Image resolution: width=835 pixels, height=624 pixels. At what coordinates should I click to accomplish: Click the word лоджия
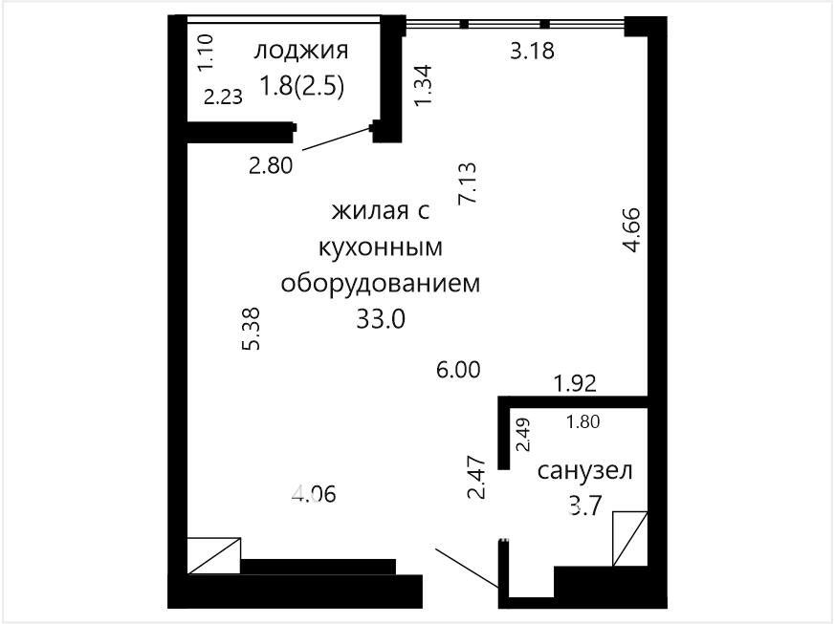[301, 51]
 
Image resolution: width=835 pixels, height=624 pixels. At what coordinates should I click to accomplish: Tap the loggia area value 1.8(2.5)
[301, 85]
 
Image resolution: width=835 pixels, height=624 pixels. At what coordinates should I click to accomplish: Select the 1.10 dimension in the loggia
[205, 53]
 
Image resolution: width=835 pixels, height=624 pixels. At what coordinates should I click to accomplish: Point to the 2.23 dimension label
[224, 97]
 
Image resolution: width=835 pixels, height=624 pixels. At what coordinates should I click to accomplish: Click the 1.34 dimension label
[424, 85]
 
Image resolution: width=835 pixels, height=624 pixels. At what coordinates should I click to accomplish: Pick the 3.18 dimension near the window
[532, 51]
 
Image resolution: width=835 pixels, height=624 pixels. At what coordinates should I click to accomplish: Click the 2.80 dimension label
[271, 165]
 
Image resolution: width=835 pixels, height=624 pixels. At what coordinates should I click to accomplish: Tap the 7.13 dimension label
[468, 183]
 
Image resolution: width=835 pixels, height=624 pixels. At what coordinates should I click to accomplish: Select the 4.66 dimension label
[632, 229]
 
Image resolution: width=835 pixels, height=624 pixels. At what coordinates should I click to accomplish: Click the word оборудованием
[381, 283]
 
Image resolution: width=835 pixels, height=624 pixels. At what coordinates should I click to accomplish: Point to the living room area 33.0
[381, 319]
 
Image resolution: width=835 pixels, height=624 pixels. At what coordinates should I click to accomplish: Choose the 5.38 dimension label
[251, 329]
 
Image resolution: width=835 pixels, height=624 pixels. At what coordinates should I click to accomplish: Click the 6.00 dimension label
[458, 369]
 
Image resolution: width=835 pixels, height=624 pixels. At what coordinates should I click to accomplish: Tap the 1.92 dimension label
[575, 383]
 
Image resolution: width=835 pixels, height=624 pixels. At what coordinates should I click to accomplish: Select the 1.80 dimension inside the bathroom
[583, 421]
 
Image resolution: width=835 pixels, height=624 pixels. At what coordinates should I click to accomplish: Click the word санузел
[584, 471]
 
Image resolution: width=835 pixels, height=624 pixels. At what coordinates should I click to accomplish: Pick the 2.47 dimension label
[476, 477]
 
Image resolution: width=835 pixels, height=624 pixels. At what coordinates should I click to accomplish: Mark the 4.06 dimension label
[314, 495]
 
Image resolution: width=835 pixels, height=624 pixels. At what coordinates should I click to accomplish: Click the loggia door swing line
[337, 139]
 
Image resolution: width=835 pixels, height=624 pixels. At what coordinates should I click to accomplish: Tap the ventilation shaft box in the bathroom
[630, 538]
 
